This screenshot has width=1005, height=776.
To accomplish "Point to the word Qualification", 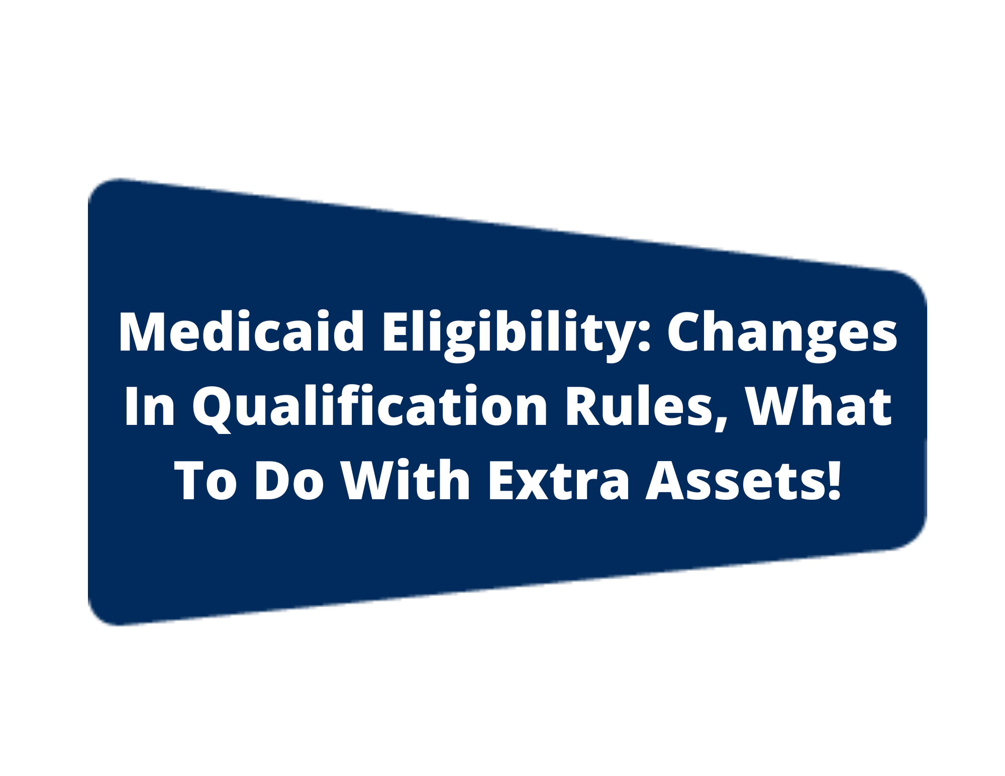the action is [370, 408].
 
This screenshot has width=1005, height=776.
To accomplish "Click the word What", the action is [819, 406].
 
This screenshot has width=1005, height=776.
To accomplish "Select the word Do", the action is [289, 481].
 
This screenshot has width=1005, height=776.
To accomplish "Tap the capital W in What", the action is [778, 406].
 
